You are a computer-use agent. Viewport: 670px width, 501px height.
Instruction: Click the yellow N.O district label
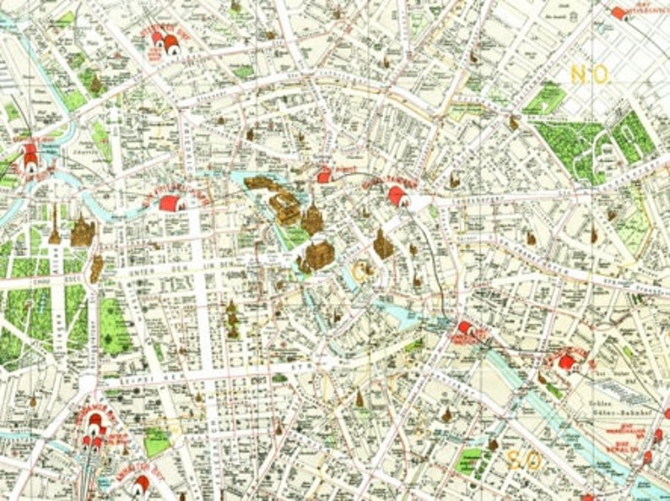pos(589,74)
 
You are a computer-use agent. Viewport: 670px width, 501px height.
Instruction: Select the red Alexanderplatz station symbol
pos(397,196)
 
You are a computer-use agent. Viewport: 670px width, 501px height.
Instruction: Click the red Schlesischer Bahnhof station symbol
pos(567,362)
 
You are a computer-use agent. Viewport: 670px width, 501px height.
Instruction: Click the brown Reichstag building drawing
pos(82,231)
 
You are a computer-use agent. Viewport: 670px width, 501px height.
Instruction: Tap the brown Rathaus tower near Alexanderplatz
pos(383,244)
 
